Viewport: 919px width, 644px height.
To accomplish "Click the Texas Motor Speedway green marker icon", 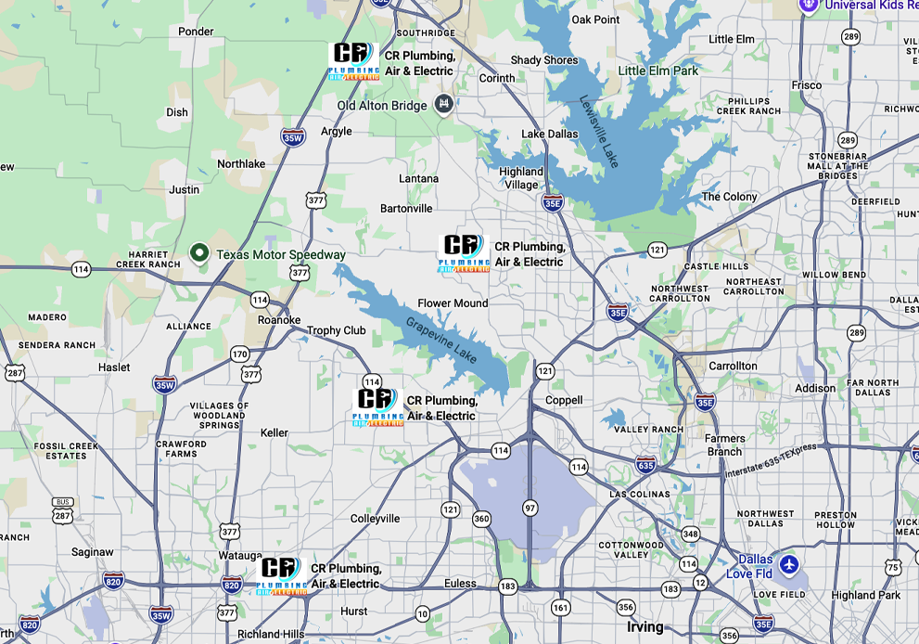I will tap(198, 252).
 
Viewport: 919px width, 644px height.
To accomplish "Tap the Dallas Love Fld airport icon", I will tap(788, 563).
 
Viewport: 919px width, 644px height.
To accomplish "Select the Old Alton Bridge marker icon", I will tap(444, 103).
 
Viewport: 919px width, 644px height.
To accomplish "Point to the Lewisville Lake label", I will tap(599, 131).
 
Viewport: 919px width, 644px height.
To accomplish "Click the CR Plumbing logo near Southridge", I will tap(354, 61).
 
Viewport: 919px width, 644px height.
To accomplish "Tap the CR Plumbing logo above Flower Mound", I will tap(464, 253).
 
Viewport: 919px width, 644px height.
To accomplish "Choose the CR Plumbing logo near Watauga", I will tap(281, 575).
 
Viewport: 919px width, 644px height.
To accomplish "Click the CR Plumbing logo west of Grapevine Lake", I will tap(378, 406).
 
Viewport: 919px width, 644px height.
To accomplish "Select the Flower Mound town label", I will tap(453, 303).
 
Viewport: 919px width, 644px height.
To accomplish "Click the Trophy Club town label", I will tap(336, 330).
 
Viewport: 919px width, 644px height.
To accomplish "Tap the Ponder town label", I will tap(196, 32).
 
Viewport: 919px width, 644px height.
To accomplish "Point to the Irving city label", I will tap(645, 626).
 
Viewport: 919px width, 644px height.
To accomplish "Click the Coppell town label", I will tap(564, 400).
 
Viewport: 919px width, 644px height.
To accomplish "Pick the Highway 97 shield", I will tap(530, 508).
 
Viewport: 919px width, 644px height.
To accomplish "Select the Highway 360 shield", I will tap(481, 518).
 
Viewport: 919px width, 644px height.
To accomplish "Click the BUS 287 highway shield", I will tap(61, 509).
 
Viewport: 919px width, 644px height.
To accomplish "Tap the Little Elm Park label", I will tap(658, 71).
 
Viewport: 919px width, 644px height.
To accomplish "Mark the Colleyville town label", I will tap(376, 518).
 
